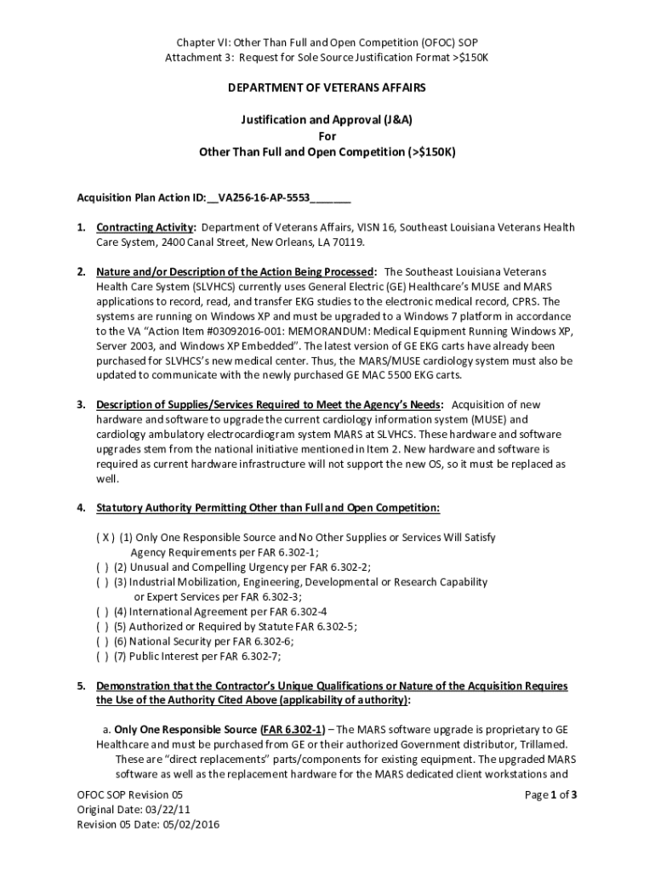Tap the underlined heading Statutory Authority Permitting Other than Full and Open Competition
(x=268, y=509)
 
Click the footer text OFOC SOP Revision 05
(x=130, y=796)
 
